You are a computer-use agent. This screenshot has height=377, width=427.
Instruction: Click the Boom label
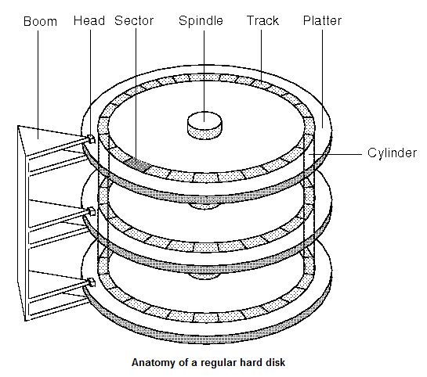tap(40, 21)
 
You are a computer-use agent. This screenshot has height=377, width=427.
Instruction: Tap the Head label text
tap(89, 20)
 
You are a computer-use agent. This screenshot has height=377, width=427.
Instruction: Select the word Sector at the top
tap(134, 20)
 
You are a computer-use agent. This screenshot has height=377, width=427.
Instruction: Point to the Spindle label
tap(201, 21)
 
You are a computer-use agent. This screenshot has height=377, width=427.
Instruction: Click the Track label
tap(262, 20)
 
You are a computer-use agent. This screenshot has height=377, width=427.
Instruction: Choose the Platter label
tap(323, 20)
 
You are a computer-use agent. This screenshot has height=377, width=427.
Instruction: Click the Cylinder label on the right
tap(392, 153)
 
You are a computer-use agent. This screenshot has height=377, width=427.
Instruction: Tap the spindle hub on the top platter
tap(204, 125)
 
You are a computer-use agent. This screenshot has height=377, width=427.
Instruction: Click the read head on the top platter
tap(91, 139)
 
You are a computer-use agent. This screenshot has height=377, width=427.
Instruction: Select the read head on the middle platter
tap(91, 211)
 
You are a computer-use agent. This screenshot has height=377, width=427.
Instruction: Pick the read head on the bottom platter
tap(91, 282)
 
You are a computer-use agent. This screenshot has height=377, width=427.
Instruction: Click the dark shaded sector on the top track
tap(138, 164)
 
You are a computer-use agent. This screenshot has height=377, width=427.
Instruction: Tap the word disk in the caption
tap(275, 362)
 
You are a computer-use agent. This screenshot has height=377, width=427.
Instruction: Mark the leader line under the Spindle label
tap(204, 76)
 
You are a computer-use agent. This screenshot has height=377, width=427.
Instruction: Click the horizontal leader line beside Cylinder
tap(335, 154)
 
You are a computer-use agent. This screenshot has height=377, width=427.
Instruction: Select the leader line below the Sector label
tap(136, 95)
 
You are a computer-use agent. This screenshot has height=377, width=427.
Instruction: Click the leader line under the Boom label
tap(38, 84)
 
